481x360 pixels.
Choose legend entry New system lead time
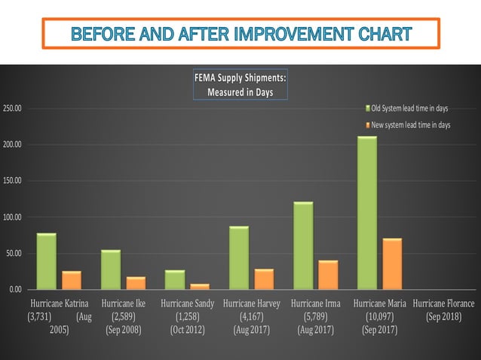tap(410, 125)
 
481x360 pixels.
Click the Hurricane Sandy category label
tap(187, 304)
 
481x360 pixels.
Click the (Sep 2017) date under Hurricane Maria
tap(380, 330)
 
